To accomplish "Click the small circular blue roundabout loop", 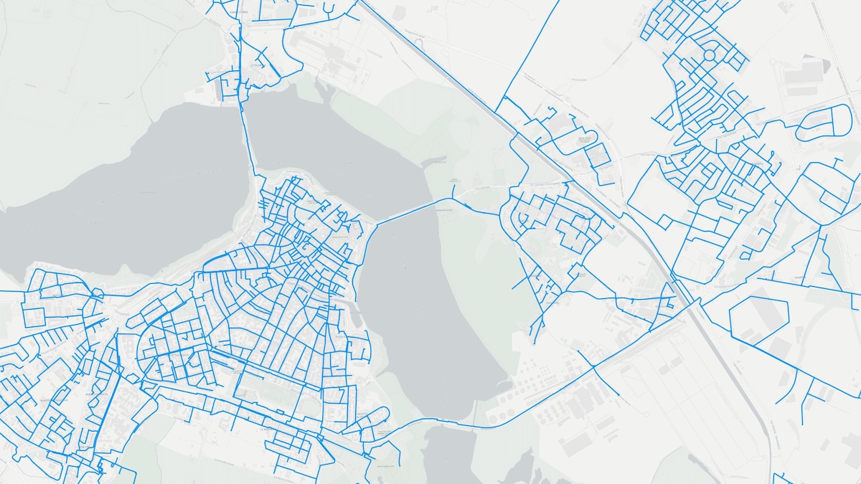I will pyautogui.click(x=709, y=54).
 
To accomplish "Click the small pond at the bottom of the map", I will pyautogui.click(x=448, y=452).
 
